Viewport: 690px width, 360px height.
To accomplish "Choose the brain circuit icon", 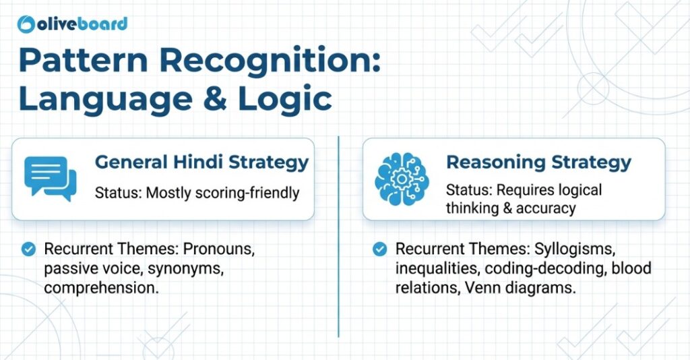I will (x=402, y=179).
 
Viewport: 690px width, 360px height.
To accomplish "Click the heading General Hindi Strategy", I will (x=201, y=162).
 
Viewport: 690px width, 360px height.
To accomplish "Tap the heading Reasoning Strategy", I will (x=538, y=162).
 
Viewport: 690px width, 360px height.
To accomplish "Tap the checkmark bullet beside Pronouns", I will (x=28, y=249).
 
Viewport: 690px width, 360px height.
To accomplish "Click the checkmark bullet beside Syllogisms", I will (x=379, y=249).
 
